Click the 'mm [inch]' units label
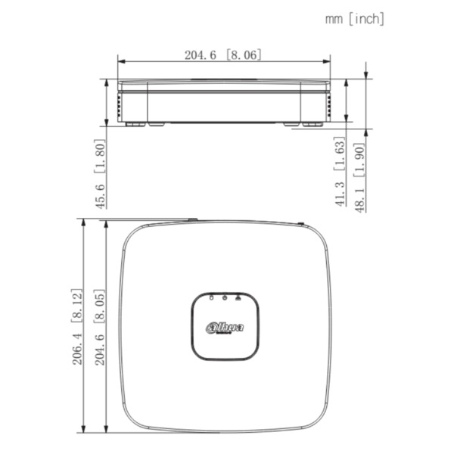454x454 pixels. (355, 18)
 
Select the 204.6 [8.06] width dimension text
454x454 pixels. (223, 54)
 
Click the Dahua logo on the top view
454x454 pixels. (225, 327)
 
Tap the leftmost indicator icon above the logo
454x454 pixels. (211, 297)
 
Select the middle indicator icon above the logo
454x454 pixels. (225, 297)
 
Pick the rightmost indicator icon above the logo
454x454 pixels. (238, 297)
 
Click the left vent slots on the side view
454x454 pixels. (120, 102)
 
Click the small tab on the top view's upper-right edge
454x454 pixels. (300, 223)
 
